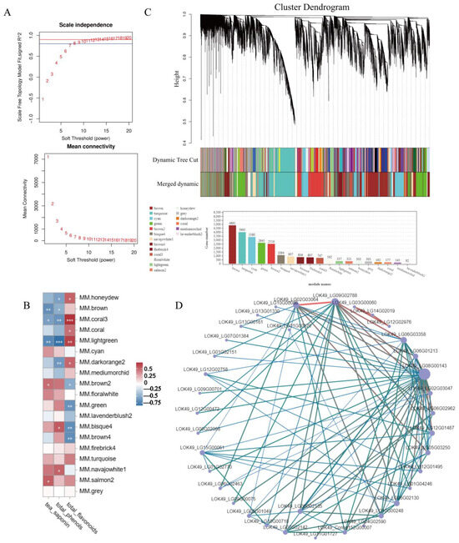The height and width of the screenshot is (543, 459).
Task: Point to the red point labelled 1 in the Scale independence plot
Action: tap(43, 99)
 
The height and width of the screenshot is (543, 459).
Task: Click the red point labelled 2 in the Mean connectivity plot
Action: tap(52, 204)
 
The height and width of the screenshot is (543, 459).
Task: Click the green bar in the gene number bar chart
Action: tap(261, 254)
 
